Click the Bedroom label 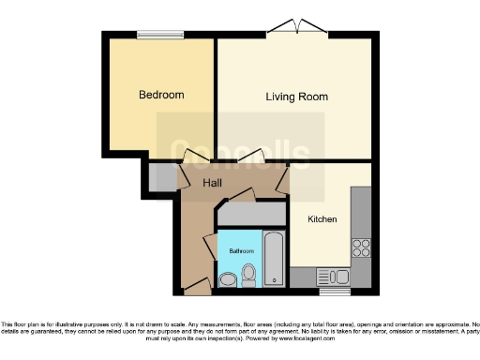161,95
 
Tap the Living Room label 296,97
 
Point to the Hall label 213,183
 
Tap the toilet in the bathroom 249,275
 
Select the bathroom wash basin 228,279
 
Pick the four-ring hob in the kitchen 360,247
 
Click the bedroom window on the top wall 160,36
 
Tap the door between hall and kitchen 282,181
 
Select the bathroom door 212,240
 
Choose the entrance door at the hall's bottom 194,282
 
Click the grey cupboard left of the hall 160,177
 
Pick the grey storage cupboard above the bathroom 250,217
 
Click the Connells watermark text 240,153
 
